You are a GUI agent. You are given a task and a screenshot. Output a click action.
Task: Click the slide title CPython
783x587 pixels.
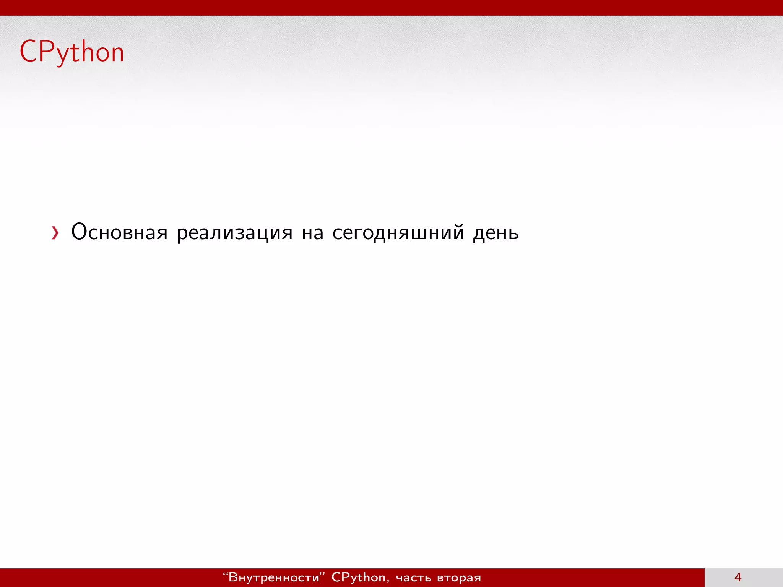point(72,52)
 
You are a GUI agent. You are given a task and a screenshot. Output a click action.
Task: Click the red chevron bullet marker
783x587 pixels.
point(55,233)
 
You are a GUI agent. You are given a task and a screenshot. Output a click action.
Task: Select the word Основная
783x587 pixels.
point(119,232)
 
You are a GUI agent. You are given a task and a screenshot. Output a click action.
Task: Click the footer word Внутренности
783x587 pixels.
point(273,577)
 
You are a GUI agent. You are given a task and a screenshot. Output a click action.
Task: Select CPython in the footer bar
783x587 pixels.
point(358,577)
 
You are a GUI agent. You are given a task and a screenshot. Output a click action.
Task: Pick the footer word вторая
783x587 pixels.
point(459,577)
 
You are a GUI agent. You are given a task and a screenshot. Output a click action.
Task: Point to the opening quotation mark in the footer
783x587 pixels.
point(225,574)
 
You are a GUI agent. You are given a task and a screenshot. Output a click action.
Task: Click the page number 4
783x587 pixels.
point(738,577)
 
